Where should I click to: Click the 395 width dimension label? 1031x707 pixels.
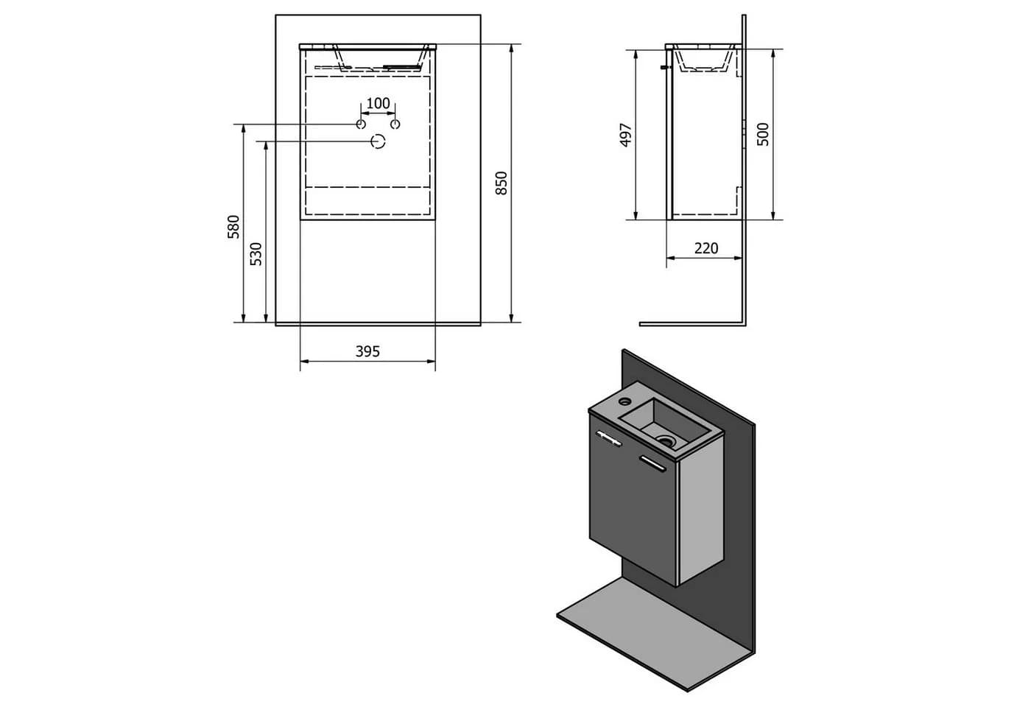(x=367, y=352)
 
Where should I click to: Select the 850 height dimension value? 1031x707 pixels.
(x=502, y=183)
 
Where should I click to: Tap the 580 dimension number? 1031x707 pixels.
(x=234, y=227)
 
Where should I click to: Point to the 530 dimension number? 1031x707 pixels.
(x=256, y=254)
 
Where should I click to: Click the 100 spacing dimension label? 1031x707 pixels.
(x=378, y=104)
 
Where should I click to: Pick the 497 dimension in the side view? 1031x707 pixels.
(x=626, y=135)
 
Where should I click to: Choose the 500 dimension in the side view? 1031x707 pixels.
(x=763, y=134)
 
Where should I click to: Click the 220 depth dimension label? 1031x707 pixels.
(x=706, y=249)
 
